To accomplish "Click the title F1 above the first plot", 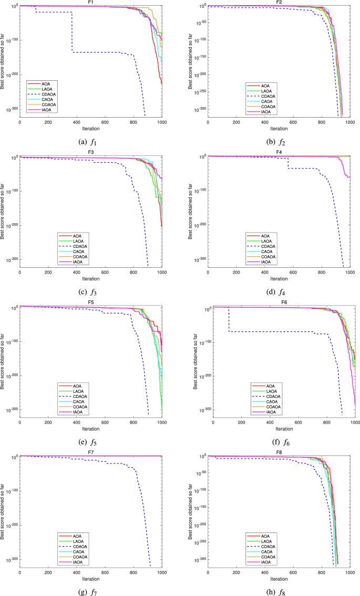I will coord(90,3).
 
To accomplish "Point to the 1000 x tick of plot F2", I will coord(349,122).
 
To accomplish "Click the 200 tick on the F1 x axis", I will coord(48,122).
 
